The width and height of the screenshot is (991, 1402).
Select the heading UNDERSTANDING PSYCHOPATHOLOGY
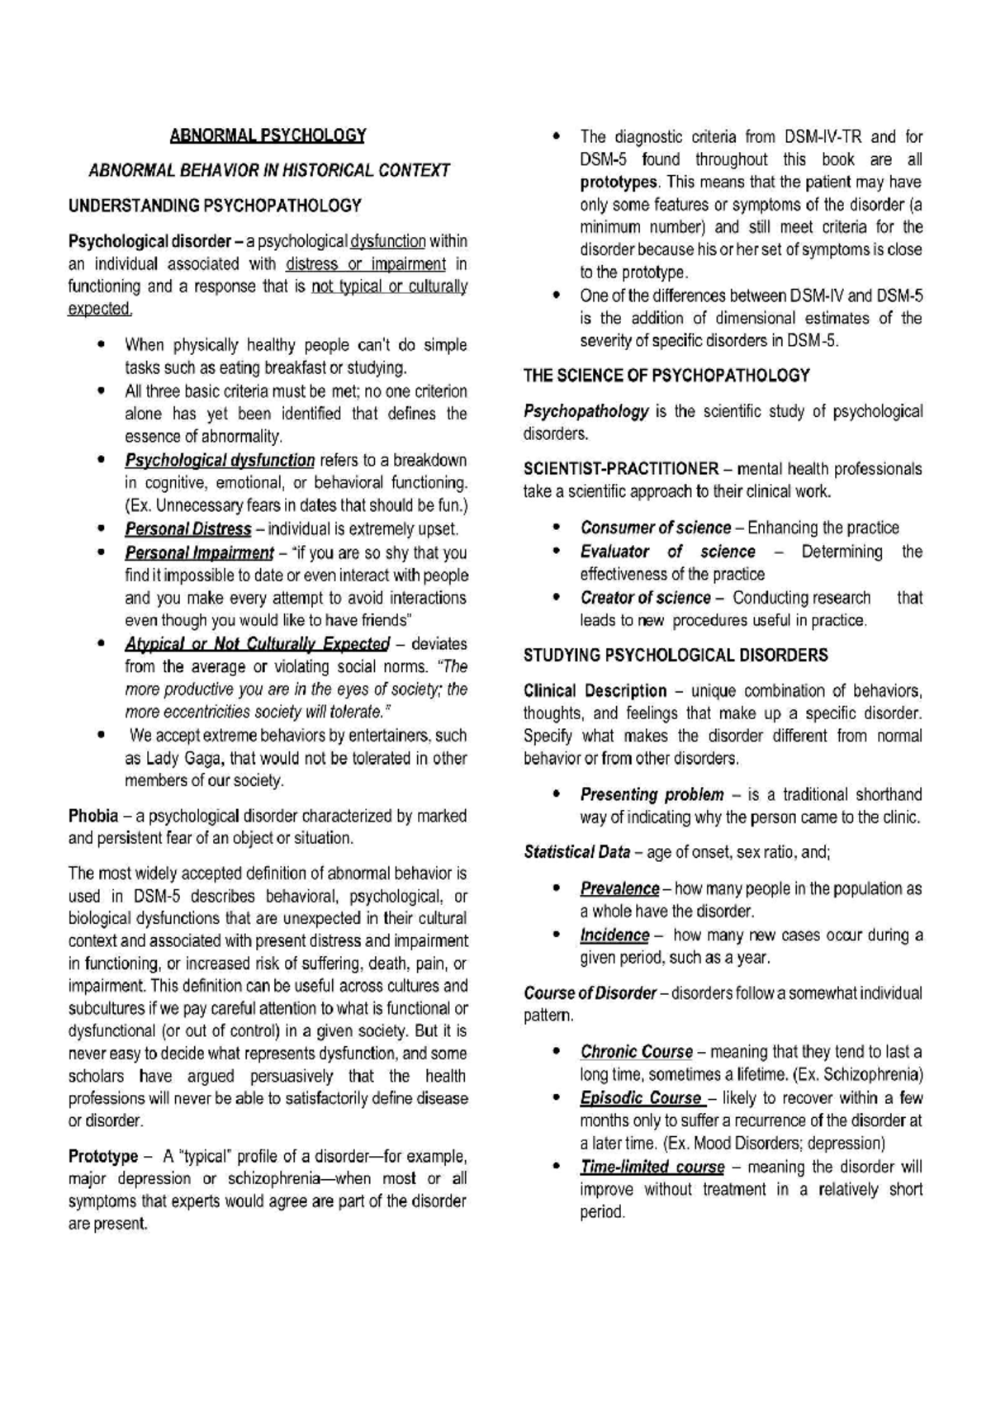click(x=215, y=205)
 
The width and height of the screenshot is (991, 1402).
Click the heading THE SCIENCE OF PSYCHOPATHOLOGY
click(x=666, y=376)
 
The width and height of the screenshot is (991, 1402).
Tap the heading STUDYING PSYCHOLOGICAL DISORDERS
click(x=676, y=656)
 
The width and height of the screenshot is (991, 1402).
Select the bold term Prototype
click(x=102, y=1156)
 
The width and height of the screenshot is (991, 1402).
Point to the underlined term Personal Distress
click(x=187, y=529)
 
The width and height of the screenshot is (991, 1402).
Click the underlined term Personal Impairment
click(x=198, y=552)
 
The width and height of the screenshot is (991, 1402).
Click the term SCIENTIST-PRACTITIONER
click(x=621, y=469)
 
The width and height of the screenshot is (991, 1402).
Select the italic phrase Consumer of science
click(x=655, y=528)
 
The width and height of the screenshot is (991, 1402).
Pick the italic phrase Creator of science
click(x=645, y=598)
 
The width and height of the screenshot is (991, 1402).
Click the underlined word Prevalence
click(x=619, y=889)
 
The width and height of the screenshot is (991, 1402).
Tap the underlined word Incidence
click(x=614, y=935)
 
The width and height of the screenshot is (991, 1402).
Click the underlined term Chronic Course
click(x=636, y=1052)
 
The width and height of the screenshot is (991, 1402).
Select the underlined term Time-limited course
click(x=652, y=1168)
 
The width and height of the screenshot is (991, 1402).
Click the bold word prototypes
click(x=619, y=182)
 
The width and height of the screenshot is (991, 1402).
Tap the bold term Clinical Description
click(x=595, y=691)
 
